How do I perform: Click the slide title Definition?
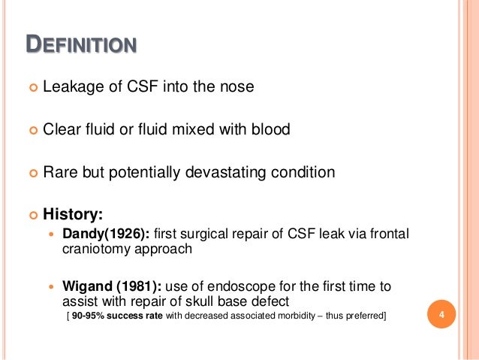coord(81,45)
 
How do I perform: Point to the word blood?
coord(270,129)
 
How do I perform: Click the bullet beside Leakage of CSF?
coord(32,88)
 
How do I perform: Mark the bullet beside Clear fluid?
coord(32,130)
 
